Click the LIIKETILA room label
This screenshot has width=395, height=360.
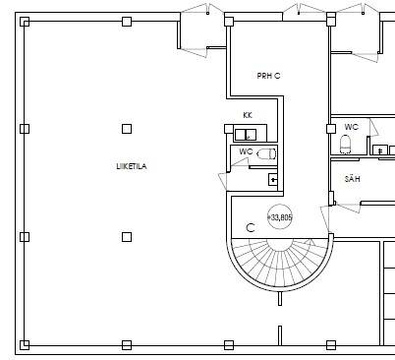pyautogui.click(x=132, y=166)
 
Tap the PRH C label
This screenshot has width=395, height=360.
pyautogui.click(x=268, y=76)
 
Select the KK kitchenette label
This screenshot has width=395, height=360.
pyautogui.click(x=248, y=115)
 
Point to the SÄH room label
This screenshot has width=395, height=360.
pyautogui.click(x=353, y=179)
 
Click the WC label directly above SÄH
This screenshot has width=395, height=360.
pyautogui.click(x=351, y=127)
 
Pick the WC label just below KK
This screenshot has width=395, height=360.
pyautogui.click(x=246, y=151)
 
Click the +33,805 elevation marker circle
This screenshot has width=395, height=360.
pyautogui.click(x=280, y=217)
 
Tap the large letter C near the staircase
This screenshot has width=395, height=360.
pyautogui.click(x=251, y=227)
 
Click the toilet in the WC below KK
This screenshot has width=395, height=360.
pyautogui.click(x=267, y=153)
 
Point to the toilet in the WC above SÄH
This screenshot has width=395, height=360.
pyautogui.click(x=345, y=145)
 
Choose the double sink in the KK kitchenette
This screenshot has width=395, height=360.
pyautogui.click(x=246, y=135)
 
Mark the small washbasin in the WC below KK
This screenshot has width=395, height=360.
pyautogui.click(x=273, y=180)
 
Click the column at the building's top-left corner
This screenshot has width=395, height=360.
pyautogui.click(x=25, y=22)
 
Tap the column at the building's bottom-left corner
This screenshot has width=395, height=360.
pyautogui.click(x=25, y=345)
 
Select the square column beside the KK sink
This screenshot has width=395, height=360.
pyautogui.click(x=229, y=129)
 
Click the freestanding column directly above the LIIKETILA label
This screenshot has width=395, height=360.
pyautogui.click(x=127, y=129)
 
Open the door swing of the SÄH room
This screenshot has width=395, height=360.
pyautogui.click(x=347, y=208)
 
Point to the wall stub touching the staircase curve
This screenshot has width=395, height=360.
pyautogui.click(x=280, y=298)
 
